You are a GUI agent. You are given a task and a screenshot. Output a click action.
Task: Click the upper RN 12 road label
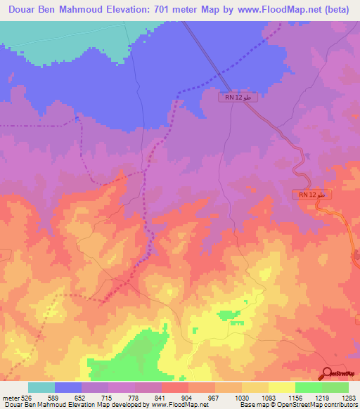tap(238, 98)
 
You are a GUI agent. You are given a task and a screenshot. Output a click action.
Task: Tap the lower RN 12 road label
tap(311, 194)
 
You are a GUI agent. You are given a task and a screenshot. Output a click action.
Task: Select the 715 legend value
tap(108, 398)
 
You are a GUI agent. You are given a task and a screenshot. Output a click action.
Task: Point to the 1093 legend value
tap(268, 398)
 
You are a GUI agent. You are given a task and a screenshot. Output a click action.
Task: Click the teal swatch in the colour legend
tap(41, 388)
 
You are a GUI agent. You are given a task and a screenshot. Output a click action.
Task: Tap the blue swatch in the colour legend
tap(68, 388)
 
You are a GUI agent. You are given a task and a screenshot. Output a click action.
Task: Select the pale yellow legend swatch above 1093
tap(281, 388)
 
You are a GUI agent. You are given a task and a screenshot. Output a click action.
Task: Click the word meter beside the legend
tap(10, 398)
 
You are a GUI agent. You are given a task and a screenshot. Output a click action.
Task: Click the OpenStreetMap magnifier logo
tap(328, 373)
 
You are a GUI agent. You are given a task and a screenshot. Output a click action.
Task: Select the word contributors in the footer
tap(341, 405)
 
